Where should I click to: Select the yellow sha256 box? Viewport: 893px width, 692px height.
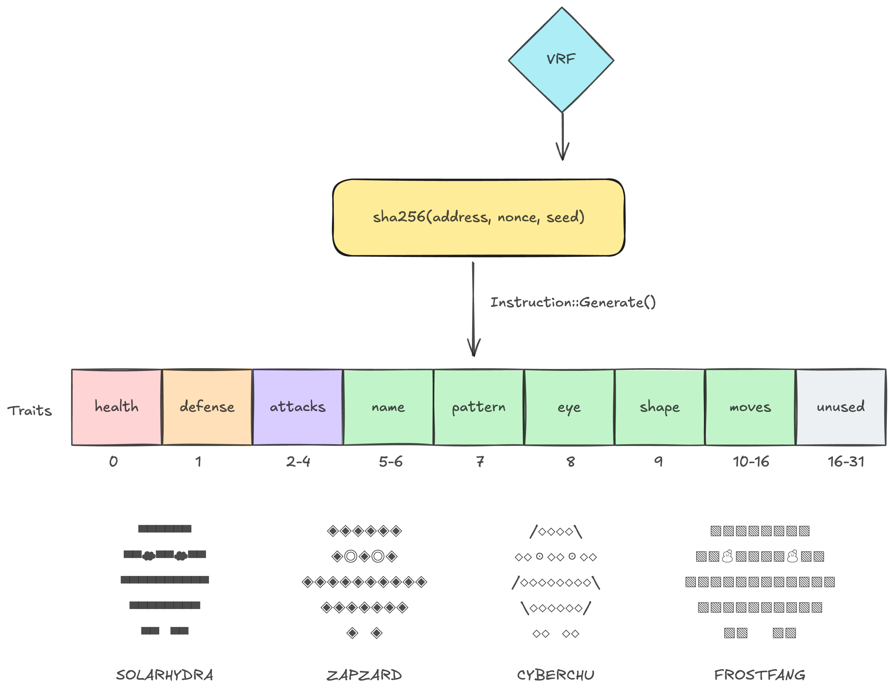pos(478,217)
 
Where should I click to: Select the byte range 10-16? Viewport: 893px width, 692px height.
pos(751,461)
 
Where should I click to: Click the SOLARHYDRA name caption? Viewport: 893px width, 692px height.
pos(164,675)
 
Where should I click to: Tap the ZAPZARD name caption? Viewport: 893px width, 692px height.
pos(364,675)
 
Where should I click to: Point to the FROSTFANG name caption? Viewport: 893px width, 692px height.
pos(760,675)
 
